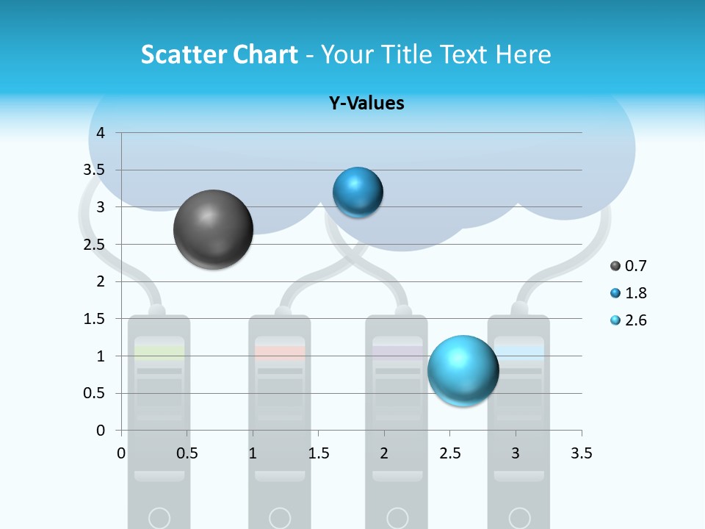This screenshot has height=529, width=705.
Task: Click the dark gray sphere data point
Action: point(214,229)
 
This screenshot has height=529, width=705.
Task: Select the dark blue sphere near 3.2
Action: point(358,192)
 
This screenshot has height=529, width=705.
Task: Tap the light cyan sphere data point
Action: point(463,370)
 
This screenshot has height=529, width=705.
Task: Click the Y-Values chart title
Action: point(366,104)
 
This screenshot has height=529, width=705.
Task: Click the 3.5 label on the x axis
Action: point(581,453)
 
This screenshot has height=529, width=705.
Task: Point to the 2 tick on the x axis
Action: point(384,453)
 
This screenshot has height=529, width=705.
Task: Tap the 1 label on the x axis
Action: point(253,453)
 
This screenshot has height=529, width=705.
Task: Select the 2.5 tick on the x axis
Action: point(449,453)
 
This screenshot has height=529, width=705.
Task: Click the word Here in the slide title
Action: point(523,54)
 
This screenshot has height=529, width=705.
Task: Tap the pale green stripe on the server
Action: point(159,353)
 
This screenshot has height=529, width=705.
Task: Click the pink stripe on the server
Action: point(280,353)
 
